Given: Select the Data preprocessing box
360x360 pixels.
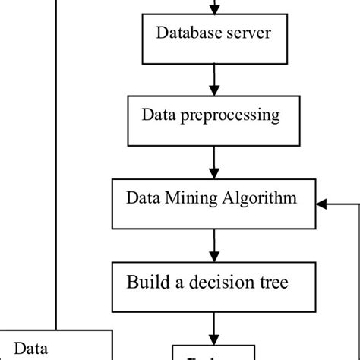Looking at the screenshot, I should pyautogui.click(x=215, y=121).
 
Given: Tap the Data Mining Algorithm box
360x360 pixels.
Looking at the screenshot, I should pyautogui.click(x=215, y=203).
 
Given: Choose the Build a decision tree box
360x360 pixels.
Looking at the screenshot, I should pyautogui.click(x=215, y=286).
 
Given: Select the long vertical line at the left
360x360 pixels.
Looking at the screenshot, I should pyautogui.click(x=56, y=152).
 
